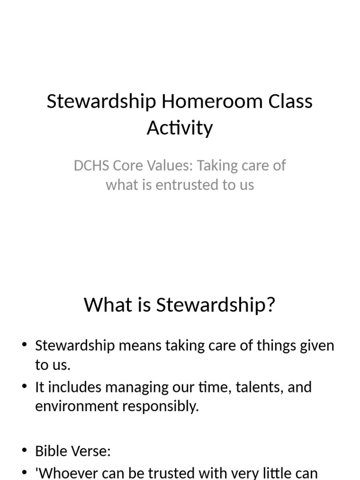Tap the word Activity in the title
[180, 127]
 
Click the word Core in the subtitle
[126, 165]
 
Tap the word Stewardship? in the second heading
[216, 305]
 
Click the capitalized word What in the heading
[106, 305]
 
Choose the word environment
[77, 406]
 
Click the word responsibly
[161, 406]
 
